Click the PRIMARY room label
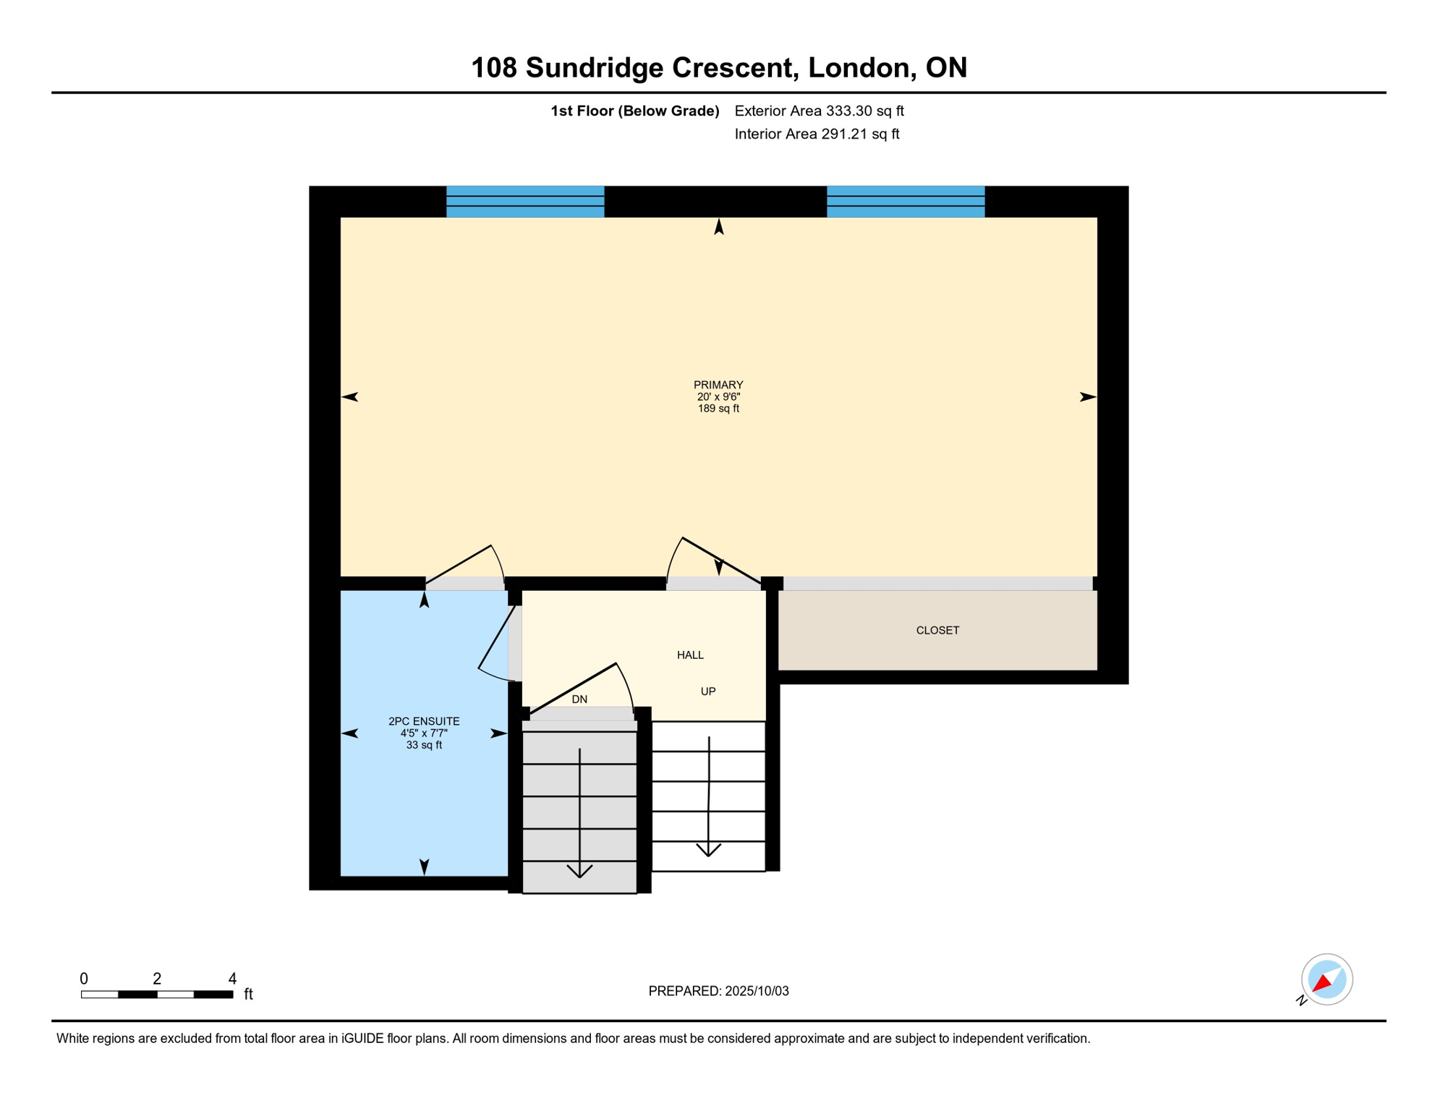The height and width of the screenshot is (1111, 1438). pos(718,385)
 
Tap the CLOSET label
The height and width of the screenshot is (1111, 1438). pos(937,631)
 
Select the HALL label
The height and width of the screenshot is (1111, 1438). pos(690,655)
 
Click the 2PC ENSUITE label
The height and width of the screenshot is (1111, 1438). pos(424,721)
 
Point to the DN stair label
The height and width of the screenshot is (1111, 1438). pos(579,699)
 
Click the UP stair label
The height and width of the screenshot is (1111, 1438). pos(708,691)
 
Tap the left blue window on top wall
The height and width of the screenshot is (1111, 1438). pos(525,202)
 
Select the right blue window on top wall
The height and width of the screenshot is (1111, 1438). pos(906,202)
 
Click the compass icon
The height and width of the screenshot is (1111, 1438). pos(1327,979)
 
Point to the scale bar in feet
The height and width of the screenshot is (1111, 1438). pos(157,995)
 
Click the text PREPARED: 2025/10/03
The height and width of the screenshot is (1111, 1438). pos(718,992)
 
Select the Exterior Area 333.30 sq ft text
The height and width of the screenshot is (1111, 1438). pos(819,111)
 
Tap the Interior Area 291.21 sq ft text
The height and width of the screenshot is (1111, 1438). pos(817,135)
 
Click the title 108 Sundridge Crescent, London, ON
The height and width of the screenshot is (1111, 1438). pos(718,68)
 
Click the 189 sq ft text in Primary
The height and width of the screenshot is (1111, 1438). pos(718,409)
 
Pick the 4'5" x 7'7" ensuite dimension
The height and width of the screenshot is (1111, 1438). pos(424,733)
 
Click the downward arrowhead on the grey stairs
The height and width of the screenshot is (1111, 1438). pos(579,871)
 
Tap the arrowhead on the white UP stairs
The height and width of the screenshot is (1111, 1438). pos(708,850)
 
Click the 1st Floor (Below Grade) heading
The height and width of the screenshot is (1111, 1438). pos(634,111)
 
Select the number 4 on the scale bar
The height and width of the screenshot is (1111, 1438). pos(232,979)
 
